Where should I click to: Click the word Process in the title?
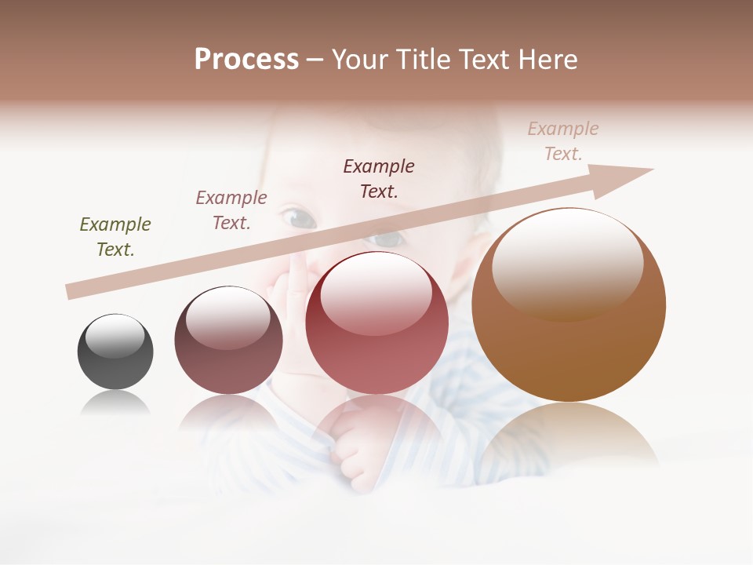tap(246, 60)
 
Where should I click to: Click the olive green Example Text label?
tap(115, 237)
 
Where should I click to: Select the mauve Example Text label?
tap(231, 210)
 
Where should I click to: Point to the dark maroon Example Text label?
tap(379, 178)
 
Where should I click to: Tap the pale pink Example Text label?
tap(563, 141)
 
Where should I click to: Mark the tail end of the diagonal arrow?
tap(72, 291)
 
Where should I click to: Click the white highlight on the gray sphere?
tap(115, 336)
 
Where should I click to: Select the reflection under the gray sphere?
tap(115, 403)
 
